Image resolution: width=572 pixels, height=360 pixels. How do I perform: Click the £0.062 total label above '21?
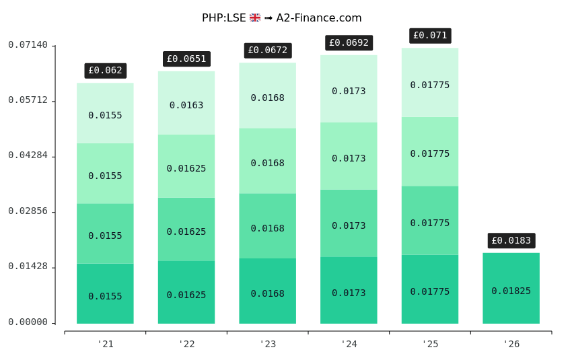pos(106,71)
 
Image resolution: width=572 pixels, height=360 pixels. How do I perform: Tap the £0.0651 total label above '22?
pos(186,59)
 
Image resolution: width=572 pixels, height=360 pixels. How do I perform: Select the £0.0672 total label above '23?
pos(267,50)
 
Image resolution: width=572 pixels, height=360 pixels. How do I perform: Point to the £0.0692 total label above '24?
pos(349,43)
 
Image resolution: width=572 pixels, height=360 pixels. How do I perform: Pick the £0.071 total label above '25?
pos(430,36)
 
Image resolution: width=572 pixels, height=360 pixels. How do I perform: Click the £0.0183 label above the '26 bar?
pos(511,241)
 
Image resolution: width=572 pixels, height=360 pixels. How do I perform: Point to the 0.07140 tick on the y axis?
pos(28,45)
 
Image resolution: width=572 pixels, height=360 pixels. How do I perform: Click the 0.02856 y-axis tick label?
pos(28,211)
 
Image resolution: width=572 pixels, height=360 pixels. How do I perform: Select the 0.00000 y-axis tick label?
pos(28,322)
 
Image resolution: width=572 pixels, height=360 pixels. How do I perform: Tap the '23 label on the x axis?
pos(267,345)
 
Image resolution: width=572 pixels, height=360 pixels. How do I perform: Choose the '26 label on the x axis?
pos(511,345)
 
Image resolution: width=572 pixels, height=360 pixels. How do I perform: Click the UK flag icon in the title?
pos(255,18)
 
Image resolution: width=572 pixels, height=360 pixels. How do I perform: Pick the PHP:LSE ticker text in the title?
pos(224,18)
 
